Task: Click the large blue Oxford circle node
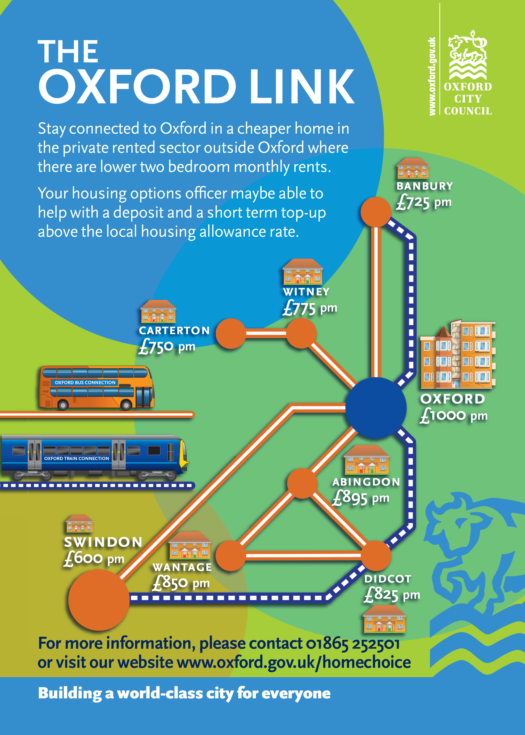point(376,408)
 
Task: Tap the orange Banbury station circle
point(376,212)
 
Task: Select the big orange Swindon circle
point(99,600)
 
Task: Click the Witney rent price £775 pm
point(310,308)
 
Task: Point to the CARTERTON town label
point(174,330)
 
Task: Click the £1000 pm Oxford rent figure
point(453,416)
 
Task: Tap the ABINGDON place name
point(366,482)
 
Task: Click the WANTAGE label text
point(182,567)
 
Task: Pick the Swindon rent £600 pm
point(94,558)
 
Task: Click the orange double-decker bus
point(96,388)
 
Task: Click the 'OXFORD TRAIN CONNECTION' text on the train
point(77,458)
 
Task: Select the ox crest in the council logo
point(468,55)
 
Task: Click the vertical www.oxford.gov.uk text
point(432,76)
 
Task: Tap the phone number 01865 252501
point(352,644)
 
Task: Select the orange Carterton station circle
point(231,333)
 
